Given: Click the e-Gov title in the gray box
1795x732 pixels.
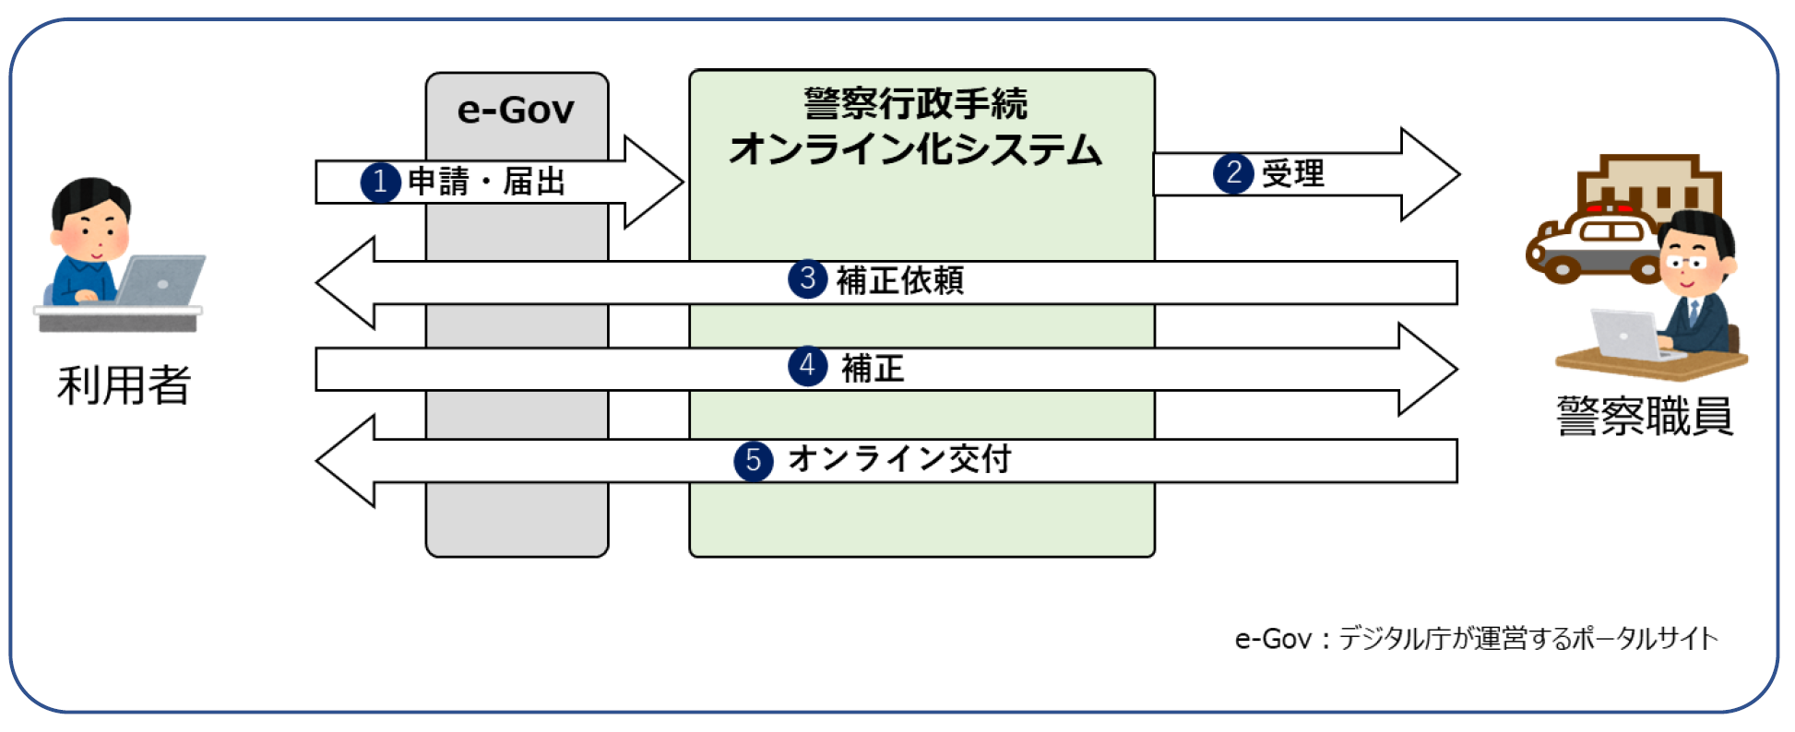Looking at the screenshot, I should (x=516, y=111).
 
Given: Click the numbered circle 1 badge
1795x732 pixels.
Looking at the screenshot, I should (x=380, y=182).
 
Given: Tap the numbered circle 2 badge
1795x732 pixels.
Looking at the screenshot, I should (x=1233, y=173).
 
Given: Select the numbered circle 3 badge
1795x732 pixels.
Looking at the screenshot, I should (x=808, y=278).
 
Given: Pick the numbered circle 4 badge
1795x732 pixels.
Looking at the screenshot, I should (x=807, y=366).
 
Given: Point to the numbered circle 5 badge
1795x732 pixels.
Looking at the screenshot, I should (x=754, y=460).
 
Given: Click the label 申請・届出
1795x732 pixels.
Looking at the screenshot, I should (x=486, y=182).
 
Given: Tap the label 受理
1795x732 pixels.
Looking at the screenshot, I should (x=1293, y=173).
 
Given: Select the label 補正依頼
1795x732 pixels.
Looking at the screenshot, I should (x=899, y=280).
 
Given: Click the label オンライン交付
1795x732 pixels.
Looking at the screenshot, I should (x=899, y=458).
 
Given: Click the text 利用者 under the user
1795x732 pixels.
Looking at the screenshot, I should (x=124, y=385).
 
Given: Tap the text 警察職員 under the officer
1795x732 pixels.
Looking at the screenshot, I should (x=1645, y=416).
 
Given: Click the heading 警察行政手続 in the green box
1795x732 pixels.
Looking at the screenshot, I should (x=915, y=103).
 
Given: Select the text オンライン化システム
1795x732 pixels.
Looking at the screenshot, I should (x=915, y=149).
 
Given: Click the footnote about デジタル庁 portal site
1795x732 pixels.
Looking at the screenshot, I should (x=1476, y=638).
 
